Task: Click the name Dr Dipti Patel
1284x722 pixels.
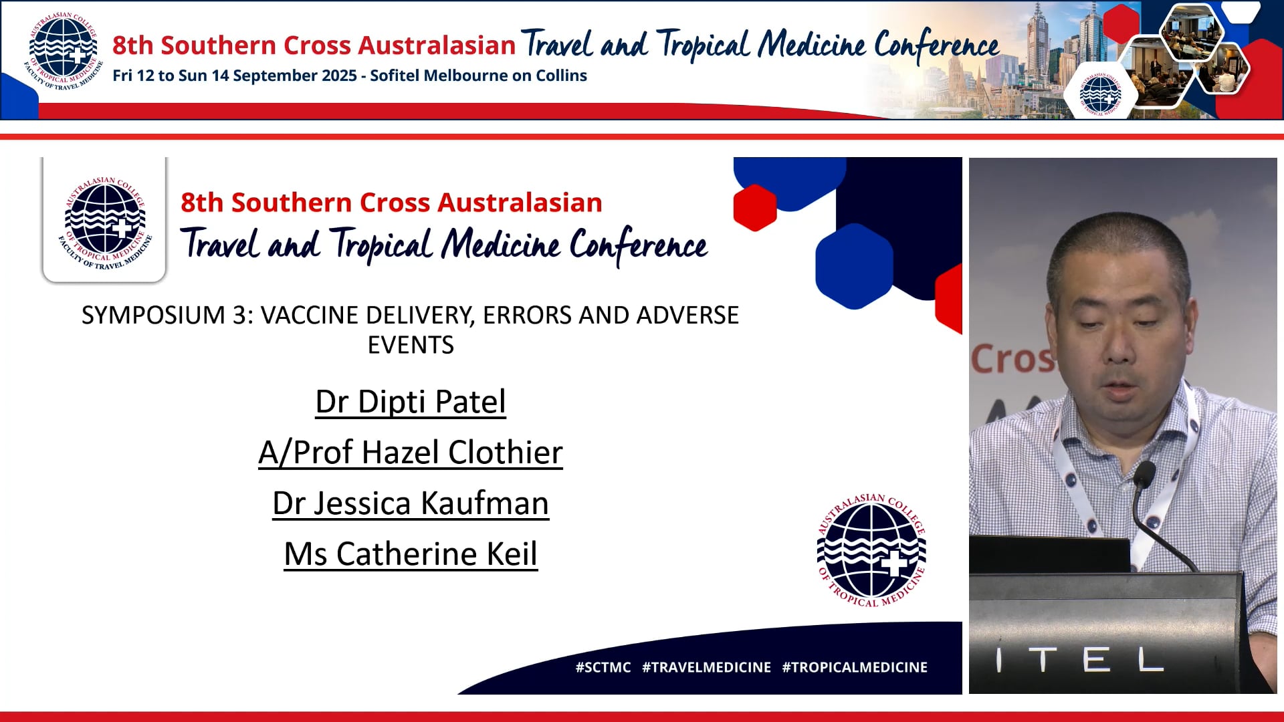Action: (411, 402)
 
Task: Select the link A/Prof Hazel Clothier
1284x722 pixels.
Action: (411, 453)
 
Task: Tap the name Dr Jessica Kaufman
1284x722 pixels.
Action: (411, 503)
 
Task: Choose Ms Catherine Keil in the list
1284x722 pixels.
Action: (411, 554)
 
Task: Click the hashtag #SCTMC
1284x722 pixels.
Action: (603, 667)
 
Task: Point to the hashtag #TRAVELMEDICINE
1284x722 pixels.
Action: (706, 667)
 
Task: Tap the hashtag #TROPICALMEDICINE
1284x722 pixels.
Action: (855, 667)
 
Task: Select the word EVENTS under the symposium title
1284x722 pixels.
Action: (411, 345)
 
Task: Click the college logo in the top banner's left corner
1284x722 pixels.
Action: (63, 52)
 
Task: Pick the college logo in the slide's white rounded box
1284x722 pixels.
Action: (105, 223)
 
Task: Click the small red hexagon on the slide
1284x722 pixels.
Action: (754, 207)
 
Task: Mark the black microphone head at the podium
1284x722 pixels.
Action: (1144, 473)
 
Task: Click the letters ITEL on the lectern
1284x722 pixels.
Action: (1081, 660)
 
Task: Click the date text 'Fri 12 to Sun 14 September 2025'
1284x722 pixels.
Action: (235, 76)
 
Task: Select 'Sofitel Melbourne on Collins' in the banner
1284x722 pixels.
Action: (478, 76)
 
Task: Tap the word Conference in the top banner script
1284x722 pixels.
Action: (936, 45)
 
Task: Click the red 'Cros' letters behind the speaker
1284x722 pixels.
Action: (1011, 359)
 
